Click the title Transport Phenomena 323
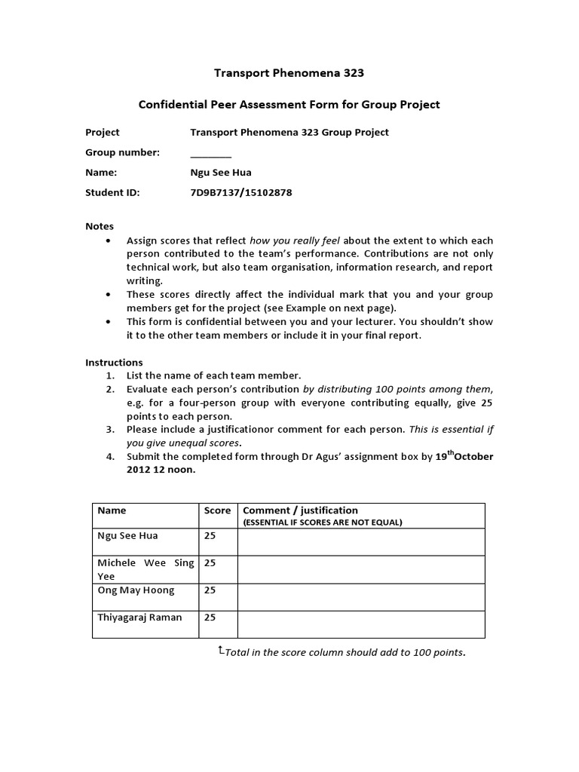point(289,73)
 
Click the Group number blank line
point(210,153)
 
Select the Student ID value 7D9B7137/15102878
point(241,192)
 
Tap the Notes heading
point(100,226)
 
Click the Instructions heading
point(114,362)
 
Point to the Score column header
point(218,510)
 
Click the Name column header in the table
point(112,510)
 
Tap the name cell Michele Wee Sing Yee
point(146,569)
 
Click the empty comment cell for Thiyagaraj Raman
point(361,624)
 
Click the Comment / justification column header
point(300,510)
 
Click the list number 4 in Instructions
point(110,457)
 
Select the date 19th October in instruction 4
point(465,456)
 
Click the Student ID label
point(112,192)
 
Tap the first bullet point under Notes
point(110,240)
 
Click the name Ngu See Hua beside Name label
point(221,173)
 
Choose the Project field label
point(103,132)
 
